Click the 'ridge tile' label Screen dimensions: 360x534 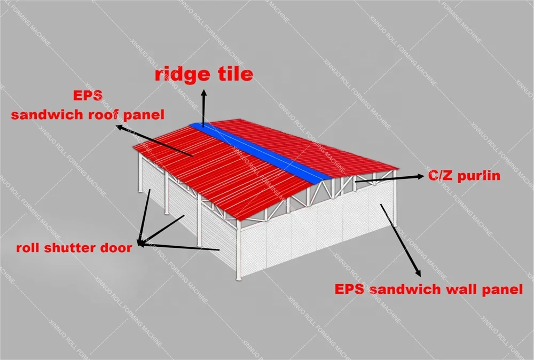coord(203,74)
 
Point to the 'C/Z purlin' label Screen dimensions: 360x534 coord(464,175)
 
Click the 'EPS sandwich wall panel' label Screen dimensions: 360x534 coord(428,290)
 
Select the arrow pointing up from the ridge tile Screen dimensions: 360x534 coord(203,105)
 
